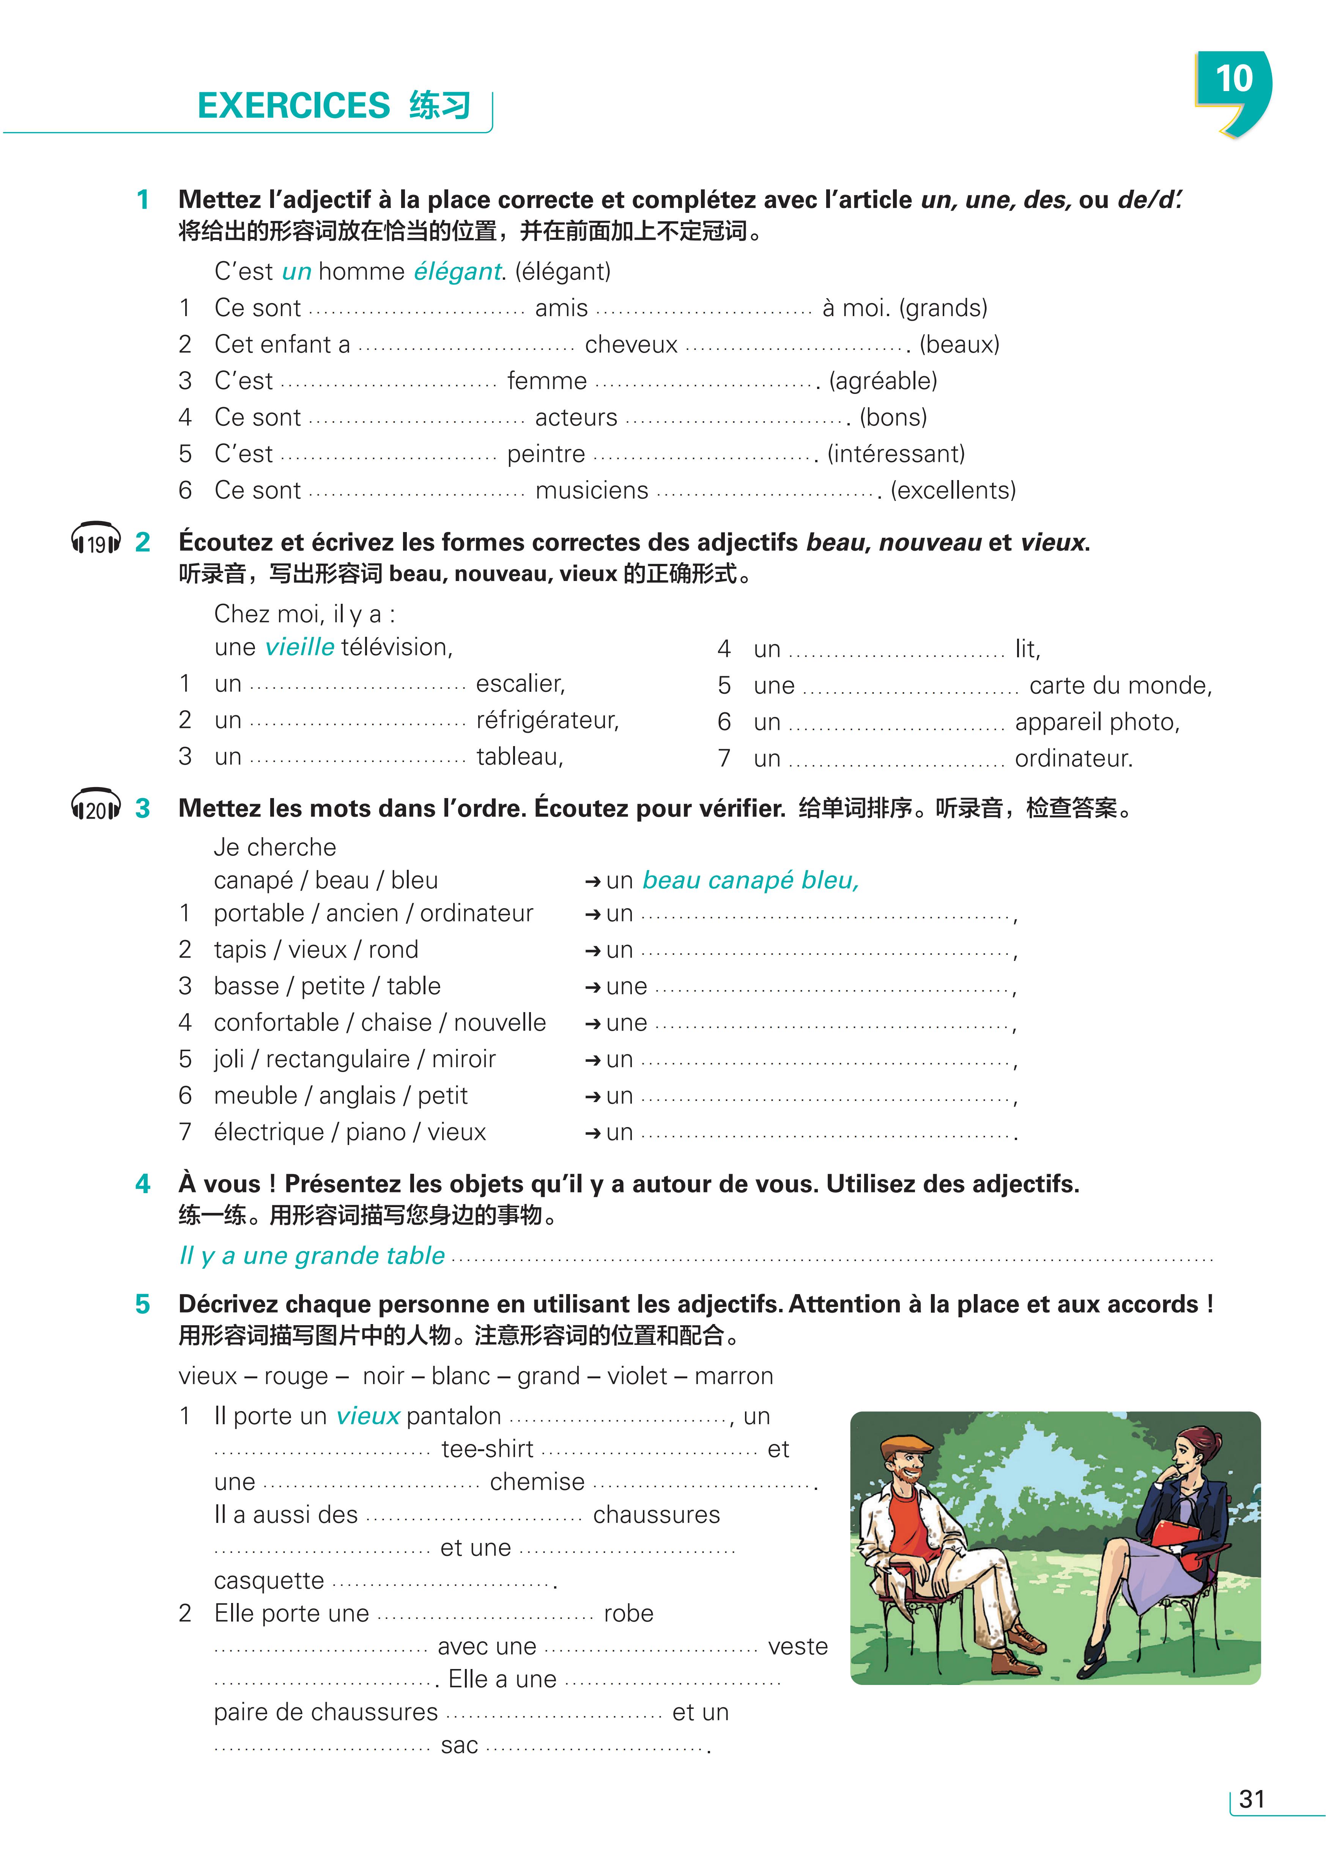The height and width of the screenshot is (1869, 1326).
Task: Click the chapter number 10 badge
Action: (1233, 82)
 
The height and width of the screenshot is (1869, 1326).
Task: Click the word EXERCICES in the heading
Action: (294, 106)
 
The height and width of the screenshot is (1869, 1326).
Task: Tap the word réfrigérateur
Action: (547, 720)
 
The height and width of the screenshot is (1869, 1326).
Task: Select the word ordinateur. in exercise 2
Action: (1073, 759)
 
